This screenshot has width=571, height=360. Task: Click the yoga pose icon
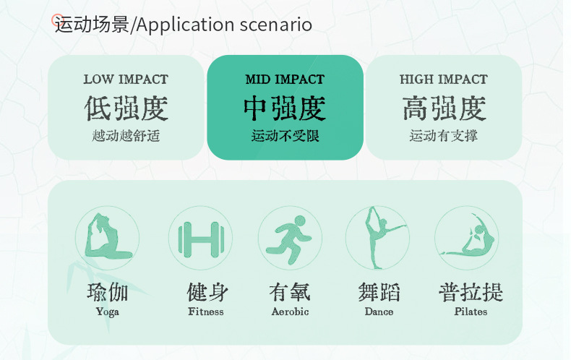click(x=108, y=239)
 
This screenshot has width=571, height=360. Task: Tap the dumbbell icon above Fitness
click(x=201, y=239)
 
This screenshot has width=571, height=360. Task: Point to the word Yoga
click(x=108, y=312)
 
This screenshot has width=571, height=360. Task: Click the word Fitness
click(x=206, y=312)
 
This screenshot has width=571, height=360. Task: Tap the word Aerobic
click(x=291, y=312)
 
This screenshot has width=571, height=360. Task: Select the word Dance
click(x=379, y=312)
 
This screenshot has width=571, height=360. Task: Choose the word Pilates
click(x=471, y=312)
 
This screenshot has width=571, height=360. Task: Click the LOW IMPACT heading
click(x=126, y=79)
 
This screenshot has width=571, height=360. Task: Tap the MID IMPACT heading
click(x=285, y=79)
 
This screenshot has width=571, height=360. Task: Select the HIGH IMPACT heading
click(x=444, y=79)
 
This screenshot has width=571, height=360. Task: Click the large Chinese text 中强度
click(x=285, y=108)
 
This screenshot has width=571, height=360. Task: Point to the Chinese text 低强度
click(x=126, y=108)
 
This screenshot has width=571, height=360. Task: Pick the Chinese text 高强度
click(x=444, y=108)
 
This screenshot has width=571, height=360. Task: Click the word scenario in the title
click(x=275, y=25)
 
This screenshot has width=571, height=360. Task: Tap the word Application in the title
click(x=185, y=25)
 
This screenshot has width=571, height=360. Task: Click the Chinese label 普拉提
click(x=471, y=292)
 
